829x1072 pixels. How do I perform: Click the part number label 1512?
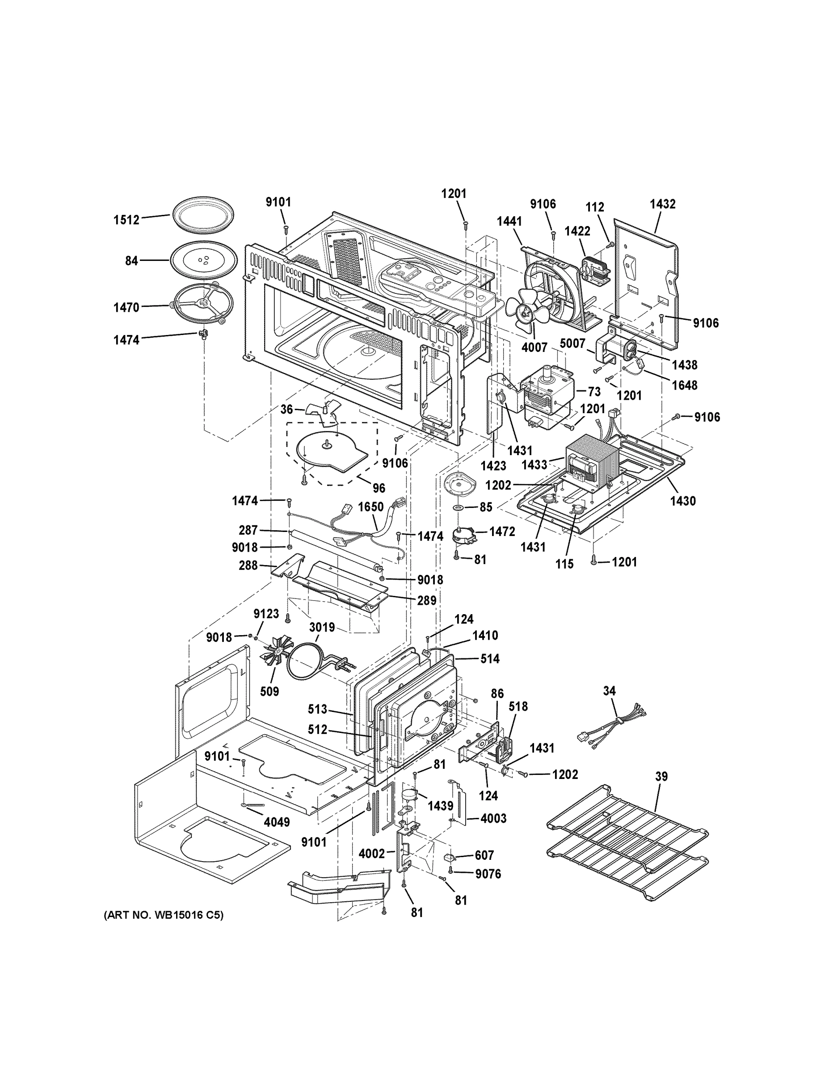[x=127, y=219]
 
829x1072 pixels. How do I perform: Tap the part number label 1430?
[x=683, y=501]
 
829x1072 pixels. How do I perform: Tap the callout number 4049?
[x=277, y=822]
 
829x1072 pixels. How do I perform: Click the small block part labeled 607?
[x=448, y=857]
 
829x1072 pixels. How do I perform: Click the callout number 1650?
[x=371, y=507]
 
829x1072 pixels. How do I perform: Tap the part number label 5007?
[x=572, y=343]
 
